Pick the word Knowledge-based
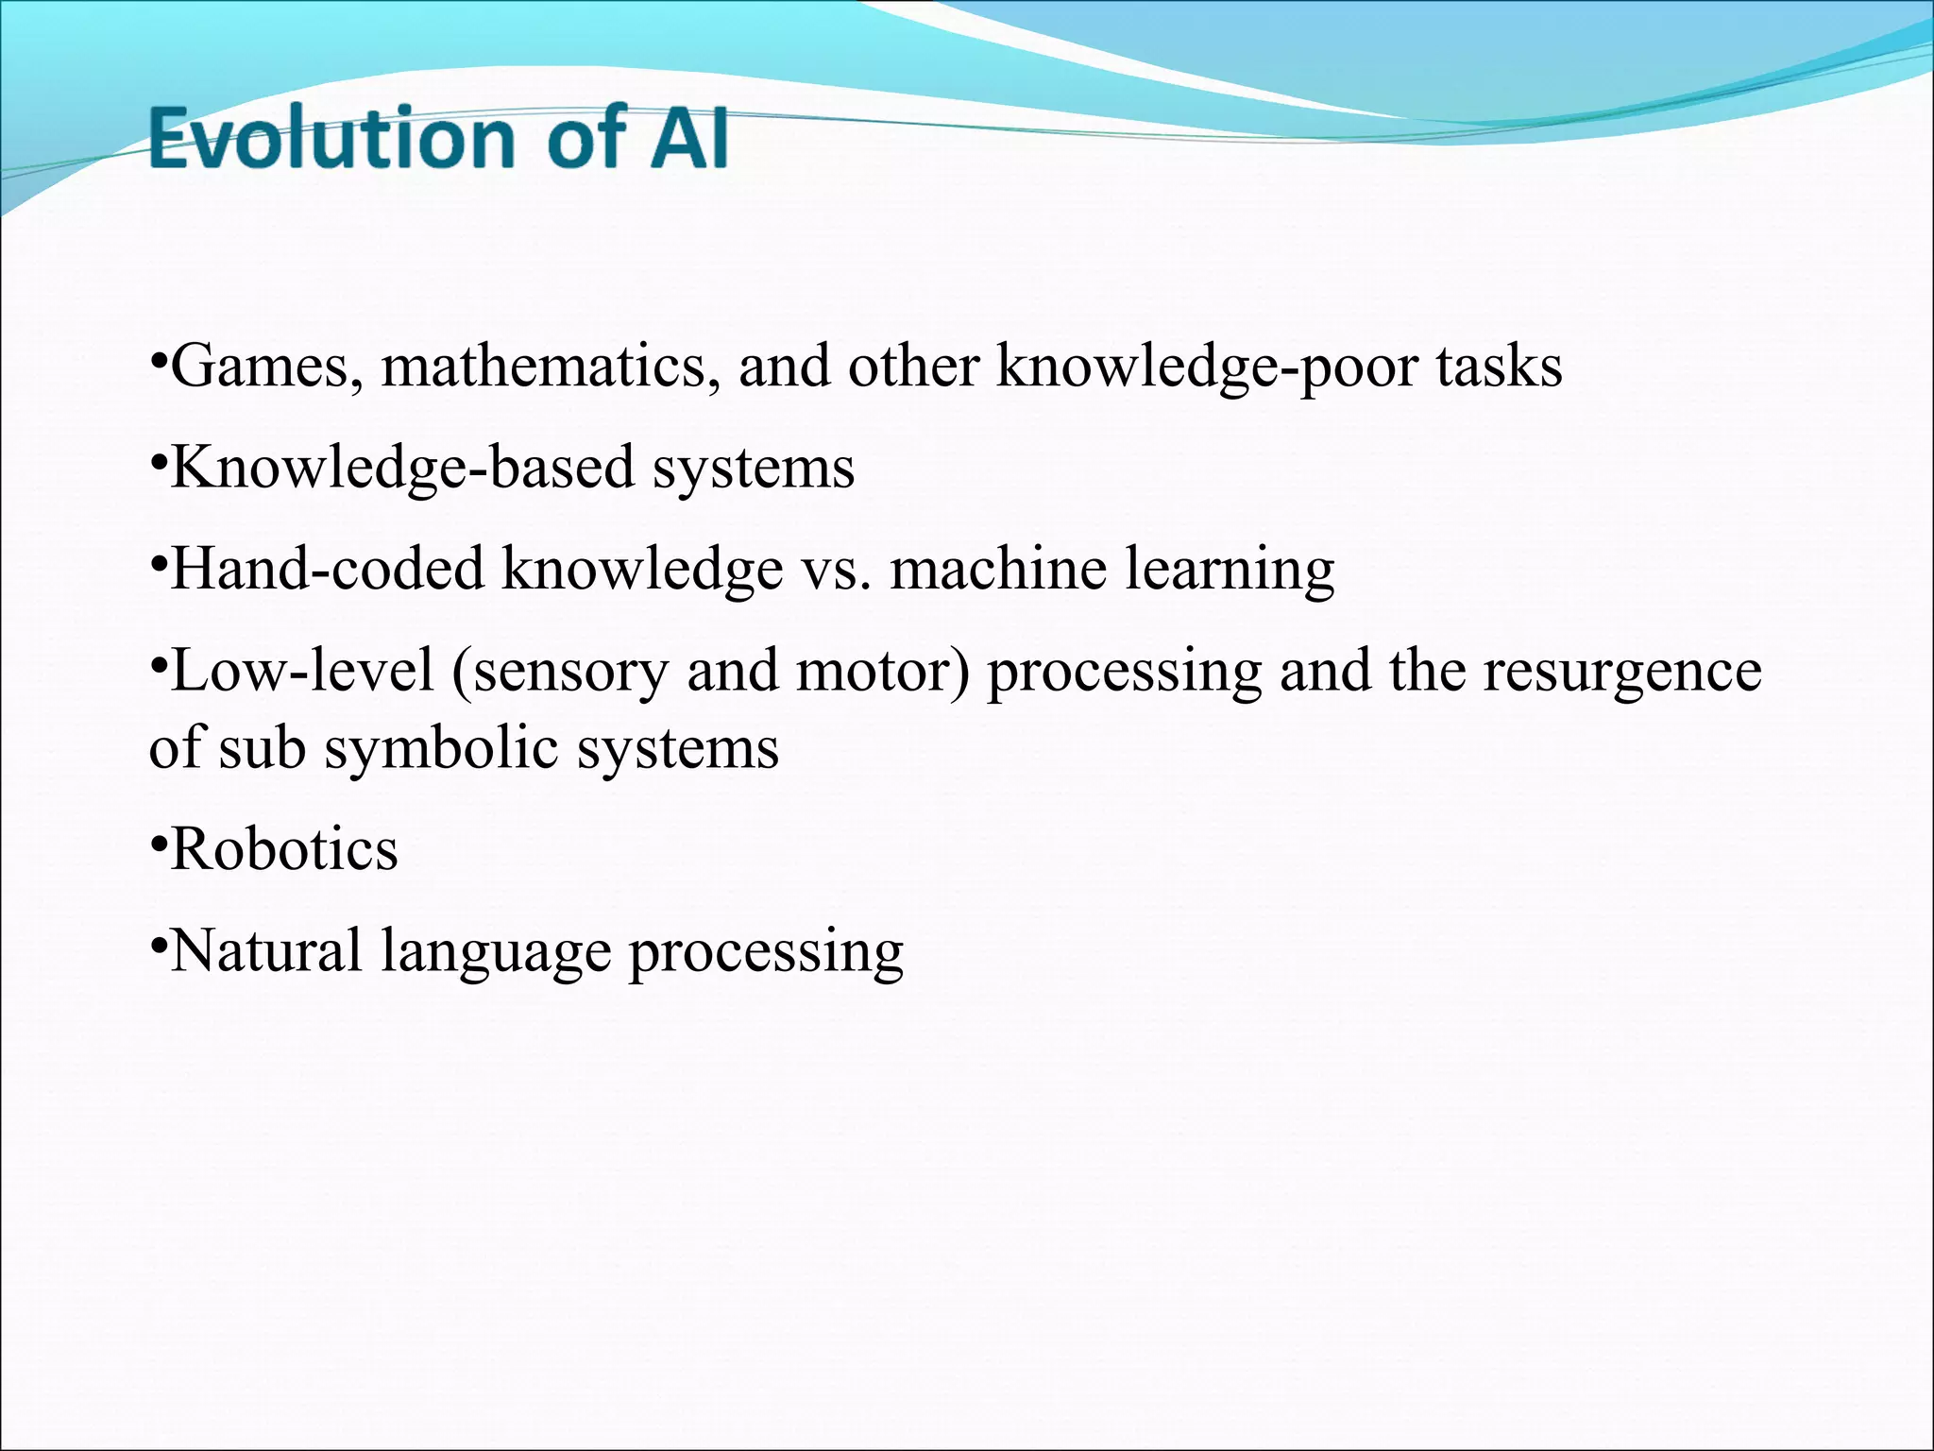tap(401, 469)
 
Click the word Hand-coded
tap(327, 570)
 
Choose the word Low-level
tap(301, 671)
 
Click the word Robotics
tap(284, 849)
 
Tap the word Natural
tap(266, 951)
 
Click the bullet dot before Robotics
tap(158, 841)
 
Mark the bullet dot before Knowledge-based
tap(158, 461)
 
